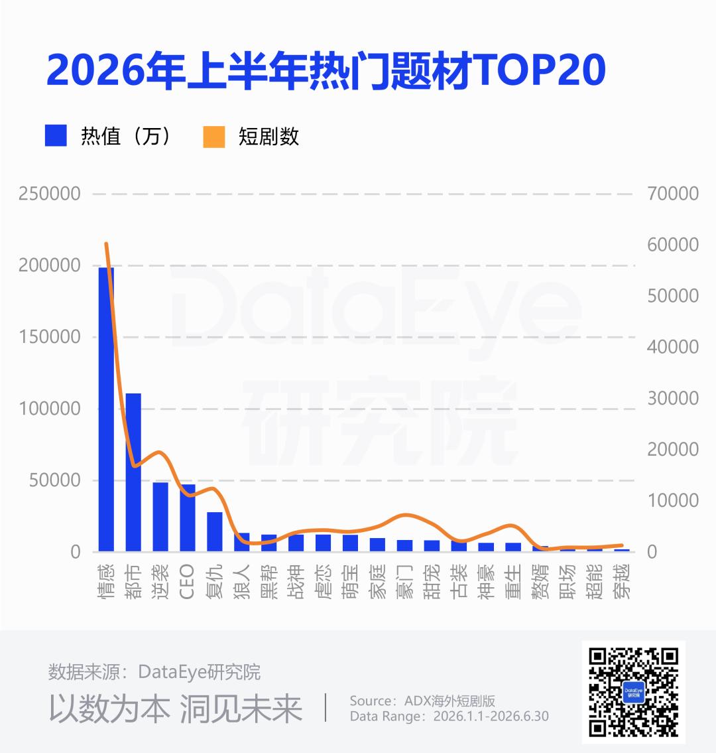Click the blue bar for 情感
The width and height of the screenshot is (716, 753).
106,409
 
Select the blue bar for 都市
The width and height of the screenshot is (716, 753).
133,472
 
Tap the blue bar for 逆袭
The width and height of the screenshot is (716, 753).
160,517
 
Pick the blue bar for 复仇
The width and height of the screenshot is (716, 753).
215,531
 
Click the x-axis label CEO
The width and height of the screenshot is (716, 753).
187,582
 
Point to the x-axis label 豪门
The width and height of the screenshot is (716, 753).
404,582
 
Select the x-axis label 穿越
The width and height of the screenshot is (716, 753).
621,582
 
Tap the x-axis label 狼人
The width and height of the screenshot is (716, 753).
241,582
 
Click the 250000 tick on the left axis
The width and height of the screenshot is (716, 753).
50,194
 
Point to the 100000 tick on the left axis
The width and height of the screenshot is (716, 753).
50,409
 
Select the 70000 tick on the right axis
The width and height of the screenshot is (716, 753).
673,194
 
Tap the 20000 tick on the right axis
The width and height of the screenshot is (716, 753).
673,450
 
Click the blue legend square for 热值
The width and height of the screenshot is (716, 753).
56,135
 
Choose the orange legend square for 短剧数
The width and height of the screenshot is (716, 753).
214,137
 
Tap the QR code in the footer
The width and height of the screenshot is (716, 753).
633,692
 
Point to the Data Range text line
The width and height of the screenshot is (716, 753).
449,717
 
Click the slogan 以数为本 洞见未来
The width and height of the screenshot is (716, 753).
176,709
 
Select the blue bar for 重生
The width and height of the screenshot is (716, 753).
513,547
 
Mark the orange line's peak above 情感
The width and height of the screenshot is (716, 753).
106,243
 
